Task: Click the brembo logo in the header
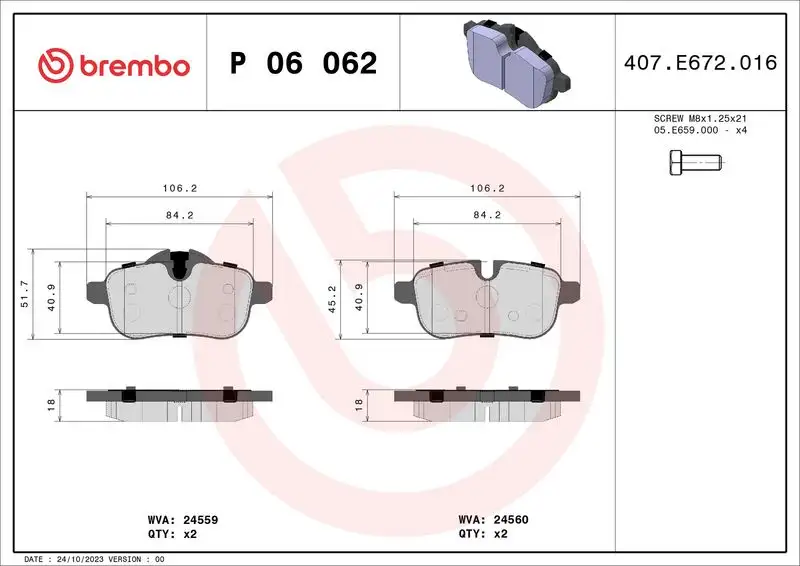[113, 64]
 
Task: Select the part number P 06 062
[303, 64]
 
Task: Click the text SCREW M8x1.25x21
[699, 118]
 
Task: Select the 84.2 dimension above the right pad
[486, 213]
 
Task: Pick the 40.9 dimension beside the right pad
[359, 297]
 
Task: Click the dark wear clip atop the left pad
[178, 264]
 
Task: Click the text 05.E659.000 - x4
[699, 131]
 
